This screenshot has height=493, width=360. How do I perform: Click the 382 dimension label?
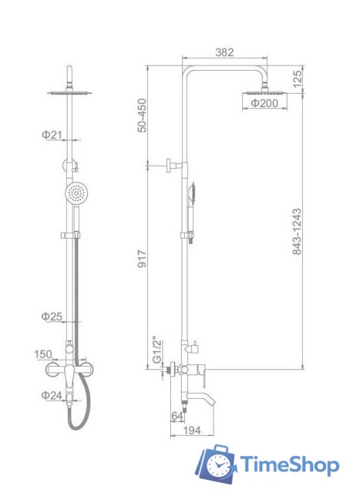(x=224, y=52)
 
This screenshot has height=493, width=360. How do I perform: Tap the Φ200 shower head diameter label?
(x=264, y=102)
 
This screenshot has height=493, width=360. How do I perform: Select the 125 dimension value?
(x=297, y=79)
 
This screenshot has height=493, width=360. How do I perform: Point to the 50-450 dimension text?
(x=142, y=116)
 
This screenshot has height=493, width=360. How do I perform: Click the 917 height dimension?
(x=143, y=259)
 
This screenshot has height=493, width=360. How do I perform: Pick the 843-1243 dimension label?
(x=297, y=231)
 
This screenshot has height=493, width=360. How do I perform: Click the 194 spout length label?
(x=191, y=430)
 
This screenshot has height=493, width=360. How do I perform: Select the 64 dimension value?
(x=177, y=416)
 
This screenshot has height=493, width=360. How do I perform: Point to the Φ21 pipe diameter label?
(x=52, y=136)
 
